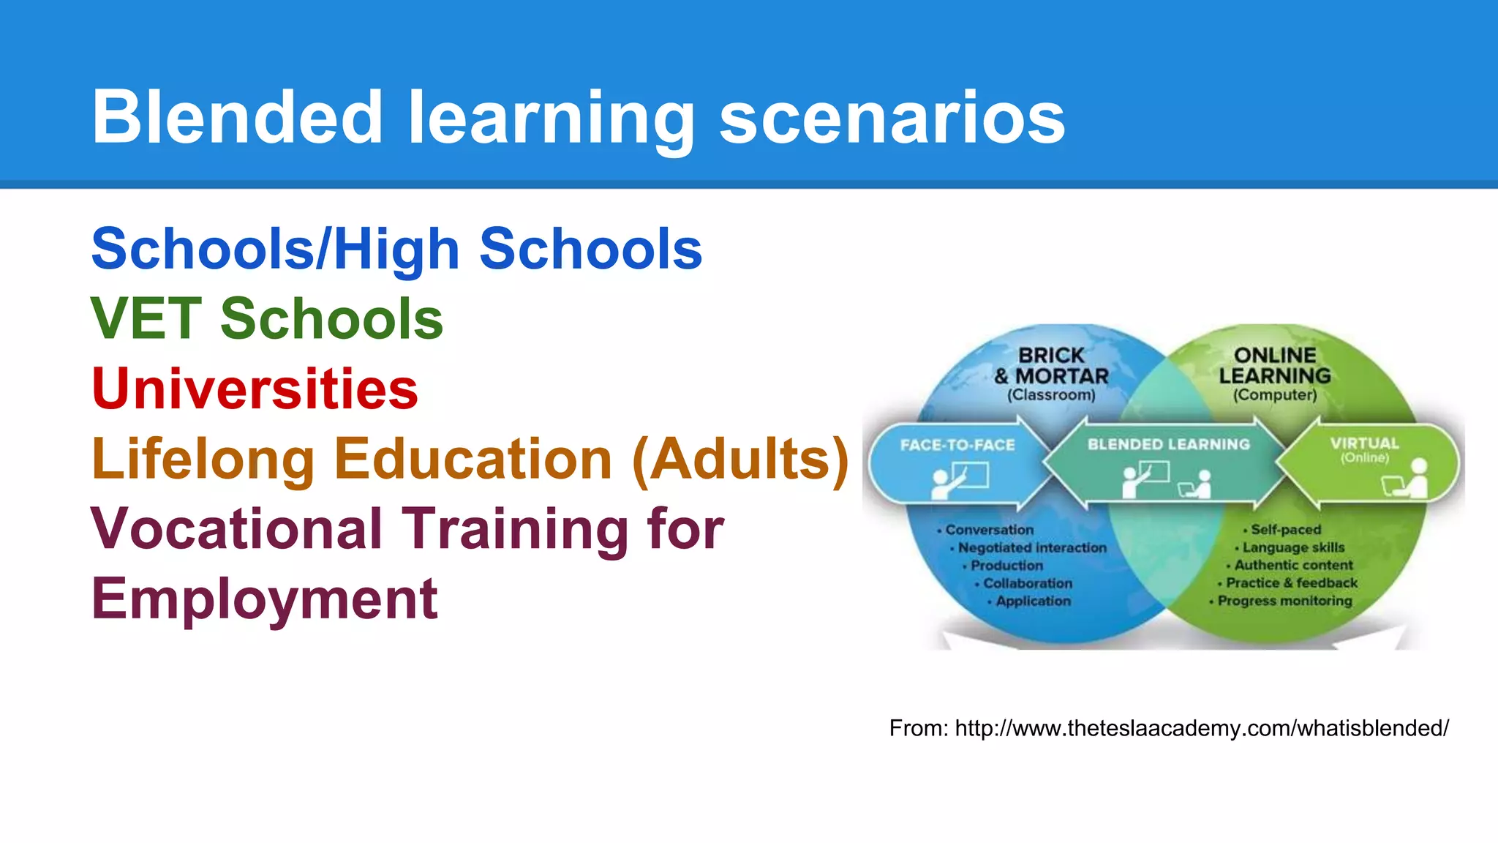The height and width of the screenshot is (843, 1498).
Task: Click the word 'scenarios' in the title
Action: click(892, 119)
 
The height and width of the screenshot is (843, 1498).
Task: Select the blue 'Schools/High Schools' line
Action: click(396, 250)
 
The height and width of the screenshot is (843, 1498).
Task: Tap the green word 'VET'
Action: click(146, 319)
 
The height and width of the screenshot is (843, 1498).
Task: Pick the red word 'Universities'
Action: click(255, 389)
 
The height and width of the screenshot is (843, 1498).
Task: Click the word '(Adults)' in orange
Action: click(740, 460)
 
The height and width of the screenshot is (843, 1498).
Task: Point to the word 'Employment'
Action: click(264, 599)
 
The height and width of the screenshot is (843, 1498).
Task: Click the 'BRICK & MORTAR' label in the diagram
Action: click(1051, 365)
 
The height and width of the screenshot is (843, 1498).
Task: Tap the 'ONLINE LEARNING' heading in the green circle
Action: click(1275, 365)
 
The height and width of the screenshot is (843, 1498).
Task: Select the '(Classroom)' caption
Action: click(1051, 395)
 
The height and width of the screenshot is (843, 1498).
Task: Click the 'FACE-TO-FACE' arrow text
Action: click(957, 445)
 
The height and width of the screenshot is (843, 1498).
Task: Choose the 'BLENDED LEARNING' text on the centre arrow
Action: click(1168, 444)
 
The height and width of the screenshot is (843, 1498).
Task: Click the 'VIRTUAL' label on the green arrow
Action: click(1364, 443)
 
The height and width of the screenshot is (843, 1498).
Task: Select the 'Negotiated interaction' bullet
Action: click(1031, 547)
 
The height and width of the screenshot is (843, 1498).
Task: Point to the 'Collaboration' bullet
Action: click(1027, 583)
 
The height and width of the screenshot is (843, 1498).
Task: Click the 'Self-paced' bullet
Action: click(1285, 529)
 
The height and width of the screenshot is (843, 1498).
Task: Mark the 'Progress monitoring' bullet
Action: click(1284, 601)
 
